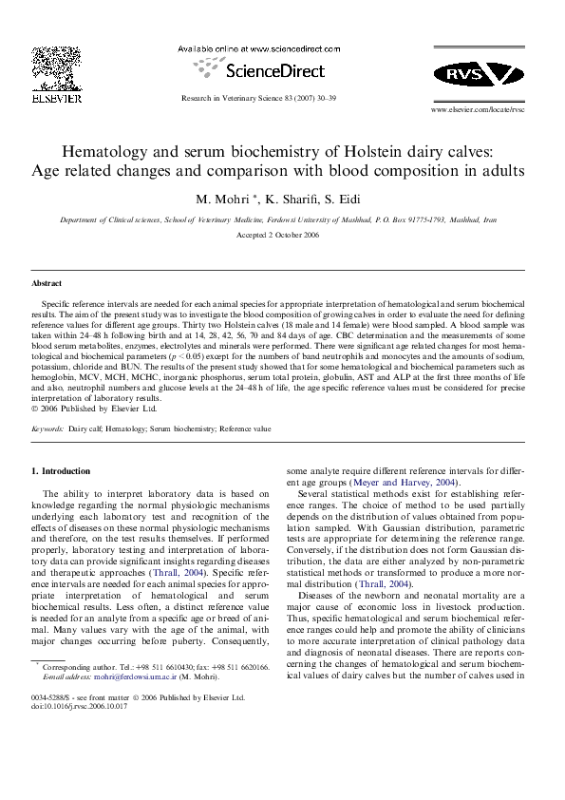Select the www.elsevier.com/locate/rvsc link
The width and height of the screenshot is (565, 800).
478,110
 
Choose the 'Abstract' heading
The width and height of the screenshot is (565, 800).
47,283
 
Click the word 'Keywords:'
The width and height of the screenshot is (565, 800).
47,429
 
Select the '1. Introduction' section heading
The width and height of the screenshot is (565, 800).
61,470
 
